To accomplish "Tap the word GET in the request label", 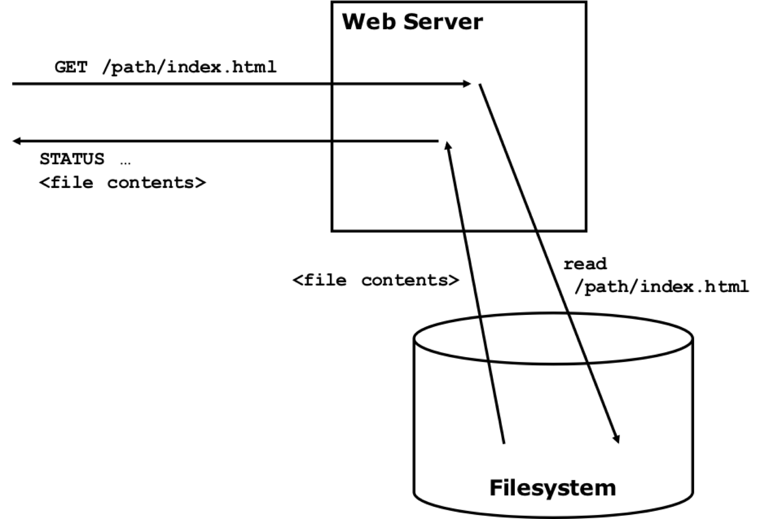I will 71,67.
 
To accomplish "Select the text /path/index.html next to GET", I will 189,67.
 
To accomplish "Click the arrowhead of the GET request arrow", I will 467,84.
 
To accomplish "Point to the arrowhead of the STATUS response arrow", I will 16,141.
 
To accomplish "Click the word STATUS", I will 72,159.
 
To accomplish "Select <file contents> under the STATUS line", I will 122,183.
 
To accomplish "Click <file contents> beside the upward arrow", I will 376,280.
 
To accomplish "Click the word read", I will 585,264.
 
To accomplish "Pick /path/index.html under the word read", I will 661,287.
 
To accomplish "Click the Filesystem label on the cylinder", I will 553,488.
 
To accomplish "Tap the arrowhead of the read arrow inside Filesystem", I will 617,439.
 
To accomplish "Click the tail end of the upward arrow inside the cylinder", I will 504,442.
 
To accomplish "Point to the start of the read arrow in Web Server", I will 480,85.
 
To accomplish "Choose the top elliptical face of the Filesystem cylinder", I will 553,338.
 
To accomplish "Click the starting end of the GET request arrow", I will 14,84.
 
